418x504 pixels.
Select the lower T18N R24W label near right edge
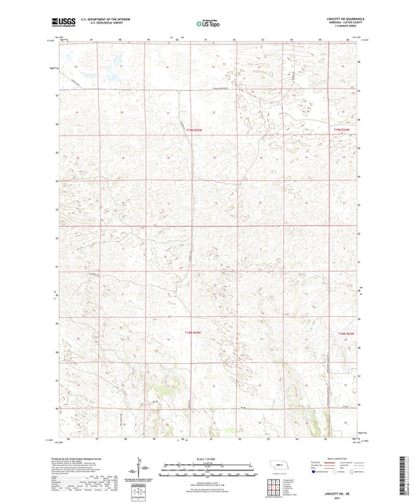pyautogui.click(x=346, y=333)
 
